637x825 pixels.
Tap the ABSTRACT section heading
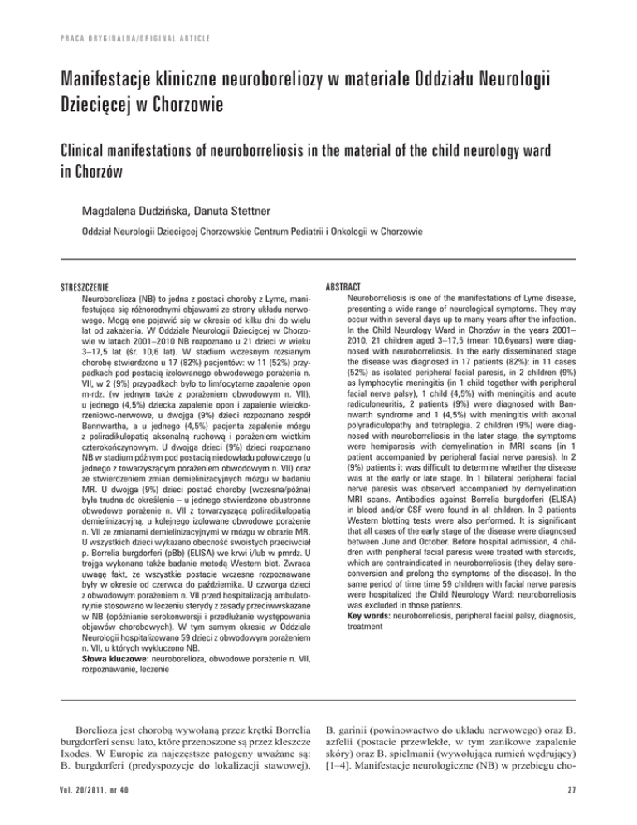click(x=354, y=283)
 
